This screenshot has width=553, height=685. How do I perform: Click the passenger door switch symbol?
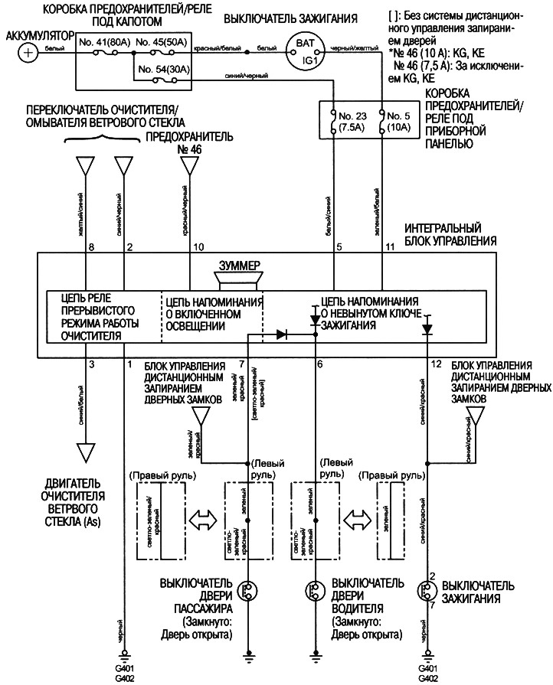coord(247,589)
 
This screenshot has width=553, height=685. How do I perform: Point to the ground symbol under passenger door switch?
coord(247,654)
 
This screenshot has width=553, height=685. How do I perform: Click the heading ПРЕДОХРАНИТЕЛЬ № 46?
coord(177,142)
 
